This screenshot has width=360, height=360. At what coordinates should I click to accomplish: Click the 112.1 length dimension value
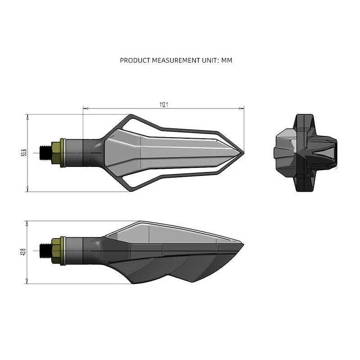(164, 105)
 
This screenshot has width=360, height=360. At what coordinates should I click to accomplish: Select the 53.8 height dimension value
(24, 153)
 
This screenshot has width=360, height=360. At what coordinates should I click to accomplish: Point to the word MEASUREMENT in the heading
(176, 60)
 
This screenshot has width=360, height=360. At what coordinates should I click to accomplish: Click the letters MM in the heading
(227, 60)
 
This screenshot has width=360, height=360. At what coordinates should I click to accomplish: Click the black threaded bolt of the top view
(45, 153)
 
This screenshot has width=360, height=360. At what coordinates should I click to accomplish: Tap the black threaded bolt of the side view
(45, 251)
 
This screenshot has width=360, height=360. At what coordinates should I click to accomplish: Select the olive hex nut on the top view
(56, 153)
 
